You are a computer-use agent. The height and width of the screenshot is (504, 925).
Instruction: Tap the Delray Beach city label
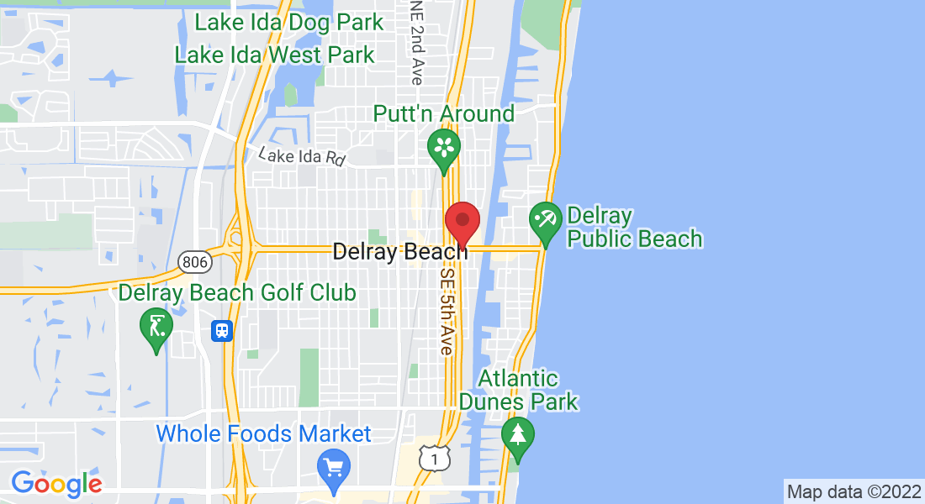coord(399,251)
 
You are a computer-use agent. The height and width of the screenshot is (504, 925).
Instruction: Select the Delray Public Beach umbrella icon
coord(546,222)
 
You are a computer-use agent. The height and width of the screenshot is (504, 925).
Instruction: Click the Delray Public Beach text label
coord(635,228)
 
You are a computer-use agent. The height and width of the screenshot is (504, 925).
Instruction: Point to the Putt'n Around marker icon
coord(443,147)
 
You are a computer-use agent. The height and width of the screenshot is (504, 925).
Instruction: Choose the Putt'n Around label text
coord(443,113)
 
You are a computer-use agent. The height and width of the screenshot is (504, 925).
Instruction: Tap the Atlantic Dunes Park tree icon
coord(517,434)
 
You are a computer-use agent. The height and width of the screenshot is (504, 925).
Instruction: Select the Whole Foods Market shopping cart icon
coord(334,465)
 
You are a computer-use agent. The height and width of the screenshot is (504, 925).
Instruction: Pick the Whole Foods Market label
coord(263,433)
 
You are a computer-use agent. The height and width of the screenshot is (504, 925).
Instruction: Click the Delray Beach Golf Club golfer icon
coord(156,325)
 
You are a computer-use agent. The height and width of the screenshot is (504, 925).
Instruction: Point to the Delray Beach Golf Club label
coord(237,292)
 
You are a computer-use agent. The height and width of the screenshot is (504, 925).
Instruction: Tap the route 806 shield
coord(194,263)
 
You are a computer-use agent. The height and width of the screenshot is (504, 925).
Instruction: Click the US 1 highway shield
coord(434,459)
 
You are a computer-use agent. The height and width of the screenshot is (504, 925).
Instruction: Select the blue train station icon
coord(221,331)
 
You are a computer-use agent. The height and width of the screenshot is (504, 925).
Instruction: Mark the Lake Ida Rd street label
coord(302,156)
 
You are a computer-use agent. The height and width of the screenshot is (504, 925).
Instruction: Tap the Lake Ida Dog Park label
coord(289,23)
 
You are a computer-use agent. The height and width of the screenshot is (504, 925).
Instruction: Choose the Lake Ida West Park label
coord(274,55)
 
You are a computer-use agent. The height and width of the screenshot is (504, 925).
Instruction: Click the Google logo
coord(56,483)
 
